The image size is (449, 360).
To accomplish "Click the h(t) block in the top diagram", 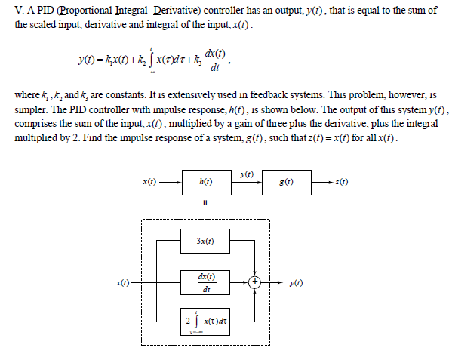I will (205, 182).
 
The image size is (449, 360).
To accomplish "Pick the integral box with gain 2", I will (205, 321).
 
